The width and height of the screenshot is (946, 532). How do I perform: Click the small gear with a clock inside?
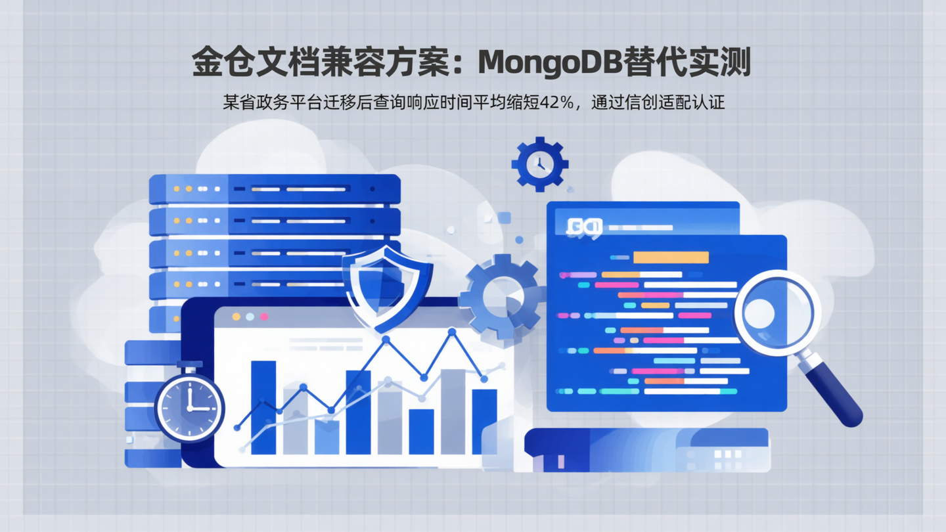539,164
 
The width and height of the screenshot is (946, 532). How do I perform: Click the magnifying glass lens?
777,313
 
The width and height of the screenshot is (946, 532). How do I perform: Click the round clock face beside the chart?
189,407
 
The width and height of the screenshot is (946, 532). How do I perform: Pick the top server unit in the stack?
275,188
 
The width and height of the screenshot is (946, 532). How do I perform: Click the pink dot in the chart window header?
264,317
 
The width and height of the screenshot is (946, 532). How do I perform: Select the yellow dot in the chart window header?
236,317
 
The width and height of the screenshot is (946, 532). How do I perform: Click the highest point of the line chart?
452,332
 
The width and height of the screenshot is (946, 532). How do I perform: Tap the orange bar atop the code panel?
670,257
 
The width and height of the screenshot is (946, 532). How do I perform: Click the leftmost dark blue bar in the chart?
263,407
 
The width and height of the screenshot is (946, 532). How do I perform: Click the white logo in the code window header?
584,227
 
